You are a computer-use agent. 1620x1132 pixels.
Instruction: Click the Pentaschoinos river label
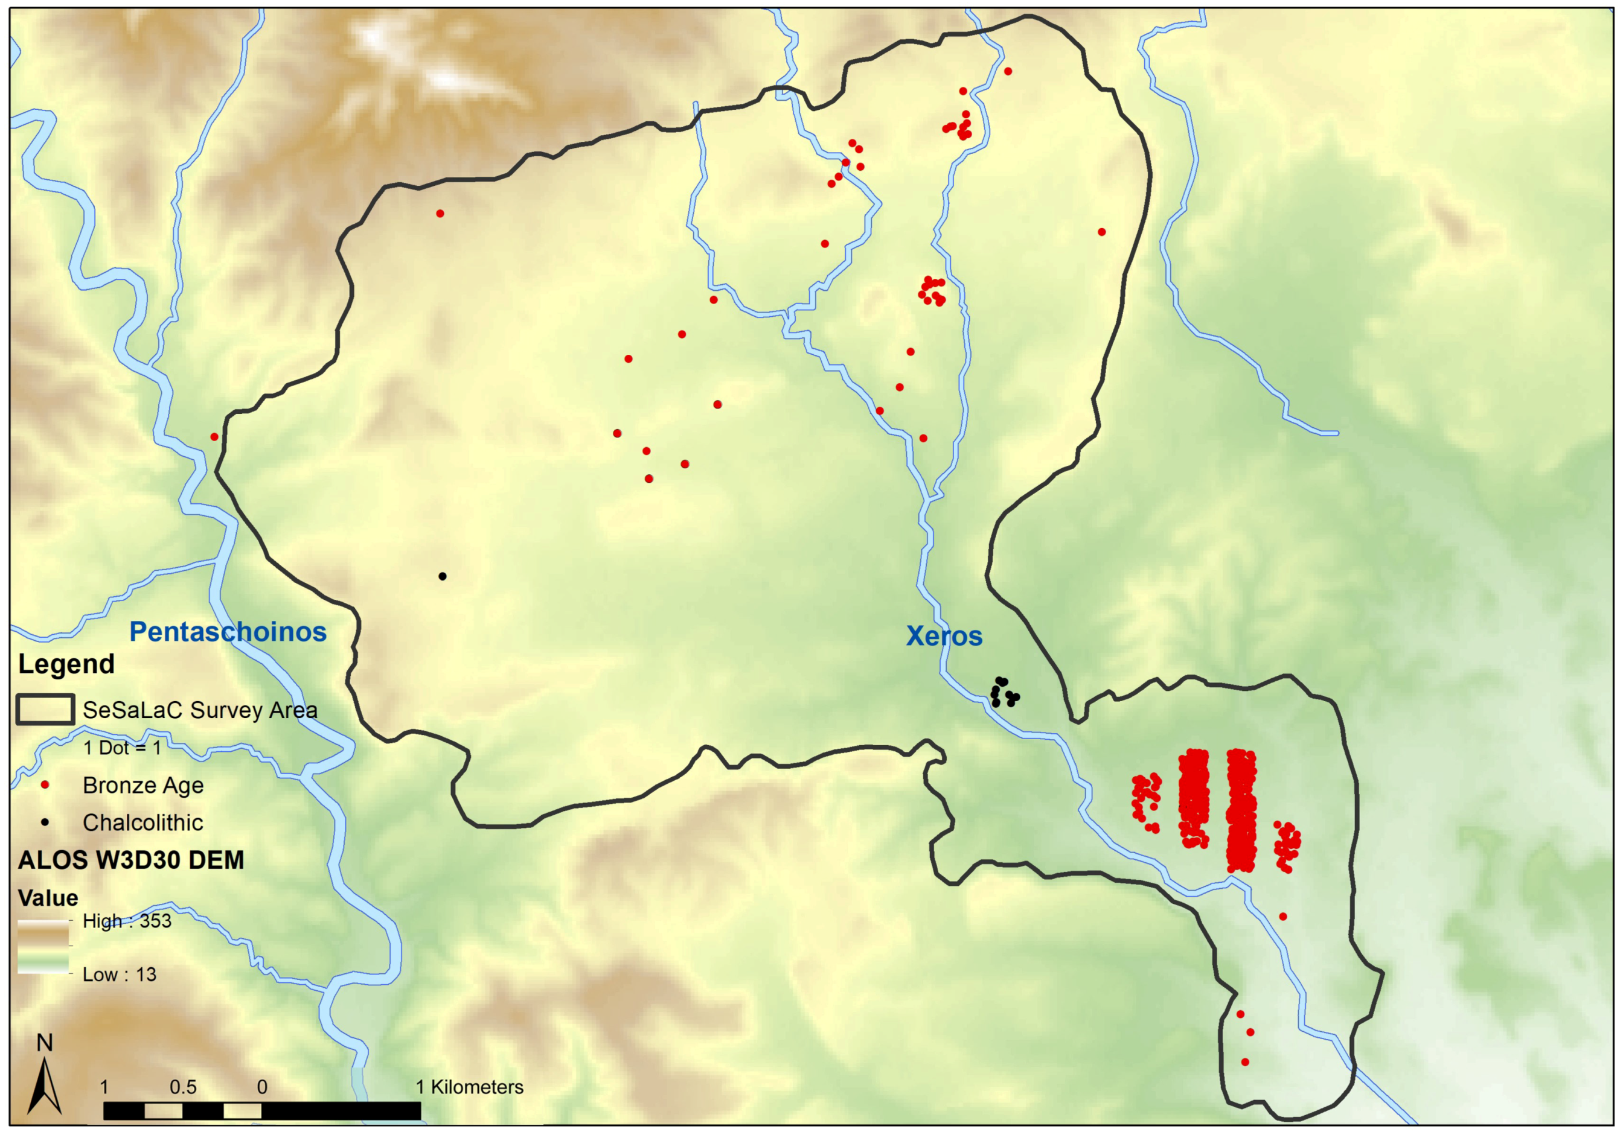click(228, 632)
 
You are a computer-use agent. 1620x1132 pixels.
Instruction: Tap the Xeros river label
click(944, 636)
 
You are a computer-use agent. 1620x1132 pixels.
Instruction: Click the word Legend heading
click(66, 664)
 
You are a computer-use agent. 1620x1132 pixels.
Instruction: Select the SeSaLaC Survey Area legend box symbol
click(45, 710)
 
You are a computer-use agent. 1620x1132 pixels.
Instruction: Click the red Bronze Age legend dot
click(45, 785)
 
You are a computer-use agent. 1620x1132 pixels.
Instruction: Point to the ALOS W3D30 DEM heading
click(131, 860)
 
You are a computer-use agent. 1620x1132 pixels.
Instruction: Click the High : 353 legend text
click(127, 921)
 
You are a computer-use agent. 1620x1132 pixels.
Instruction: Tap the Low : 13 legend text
click(119, 975)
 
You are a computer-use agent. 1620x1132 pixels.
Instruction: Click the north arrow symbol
click(45, 1079)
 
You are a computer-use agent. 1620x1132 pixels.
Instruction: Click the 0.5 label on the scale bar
click(183, 1087)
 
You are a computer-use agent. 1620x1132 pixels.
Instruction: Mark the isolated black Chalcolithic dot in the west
click(443, 576)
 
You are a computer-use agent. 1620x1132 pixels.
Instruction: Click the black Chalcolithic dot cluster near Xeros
click(1004, 693)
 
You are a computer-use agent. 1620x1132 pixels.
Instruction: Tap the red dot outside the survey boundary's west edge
click(214, 437)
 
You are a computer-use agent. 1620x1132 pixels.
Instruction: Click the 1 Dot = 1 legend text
click(122, 748)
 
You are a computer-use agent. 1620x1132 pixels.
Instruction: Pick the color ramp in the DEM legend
click(43, 947)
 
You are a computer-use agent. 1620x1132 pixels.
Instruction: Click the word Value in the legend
click(48, 898)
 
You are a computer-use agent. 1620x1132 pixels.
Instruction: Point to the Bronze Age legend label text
click(143, 785)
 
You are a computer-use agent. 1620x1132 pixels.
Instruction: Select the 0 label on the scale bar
click(263, 1087)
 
